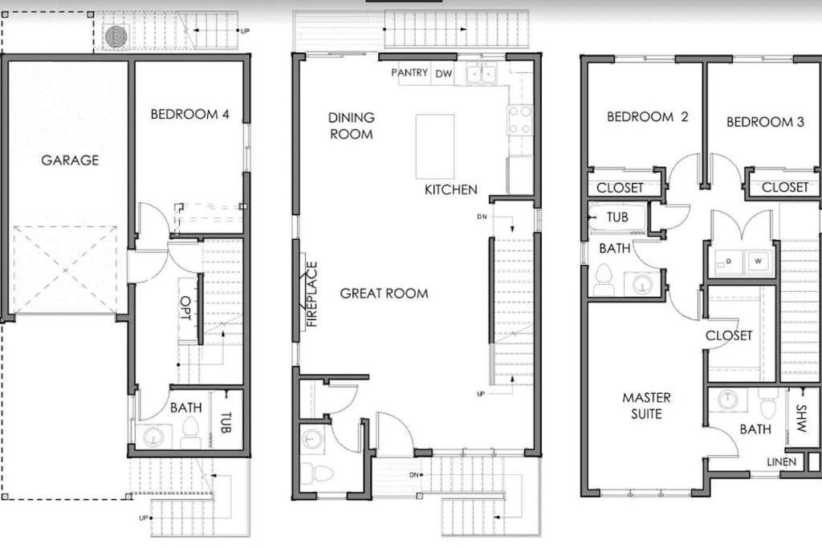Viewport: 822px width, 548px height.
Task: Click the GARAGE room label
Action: (x=70, y=160)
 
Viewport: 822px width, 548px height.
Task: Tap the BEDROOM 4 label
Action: (x=189, y=114)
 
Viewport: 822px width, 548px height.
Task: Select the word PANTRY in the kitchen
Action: (x=409, y=72)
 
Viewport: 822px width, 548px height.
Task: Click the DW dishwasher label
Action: (x=443, y=74)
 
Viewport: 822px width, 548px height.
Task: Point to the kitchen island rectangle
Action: (x=435, y=147)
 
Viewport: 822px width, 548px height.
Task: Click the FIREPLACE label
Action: (x=311, y=294)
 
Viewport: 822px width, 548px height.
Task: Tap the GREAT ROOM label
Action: (x=384, y=294)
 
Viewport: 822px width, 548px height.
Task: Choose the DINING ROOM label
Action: (x=352, y=126)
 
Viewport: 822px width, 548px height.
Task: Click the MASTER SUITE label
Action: (x=646, y=405)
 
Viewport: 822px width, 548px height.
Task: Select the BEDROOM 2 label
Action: (x=648, y=116)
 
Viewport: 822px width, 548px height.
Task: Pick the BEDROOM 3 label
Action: (x=765, y=122)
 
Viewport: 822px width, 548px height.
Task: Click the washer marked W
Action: (x=758, y=261)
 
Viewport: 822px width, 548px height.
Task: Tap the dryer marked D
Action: (x=729, y=261)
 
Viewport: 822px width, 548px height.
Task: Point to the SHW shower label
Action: (x=801, y=418)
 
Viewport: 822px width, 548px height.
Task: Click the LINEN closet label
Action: (x=782, y=462)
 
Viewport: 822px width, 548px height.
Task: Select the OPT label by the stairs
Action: (x=185, y=308)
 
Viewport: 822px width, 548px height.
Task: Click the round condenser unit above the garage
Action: (x=116, y=37)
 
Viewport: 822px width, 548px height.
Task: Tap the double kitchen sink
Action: (x=482, y=73)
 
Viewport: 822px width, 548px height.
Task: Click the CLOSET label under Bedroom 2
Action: (x=620, y=188)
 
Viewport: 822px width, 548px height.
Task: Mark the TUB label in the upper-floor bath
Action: (x=617, y=217)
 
